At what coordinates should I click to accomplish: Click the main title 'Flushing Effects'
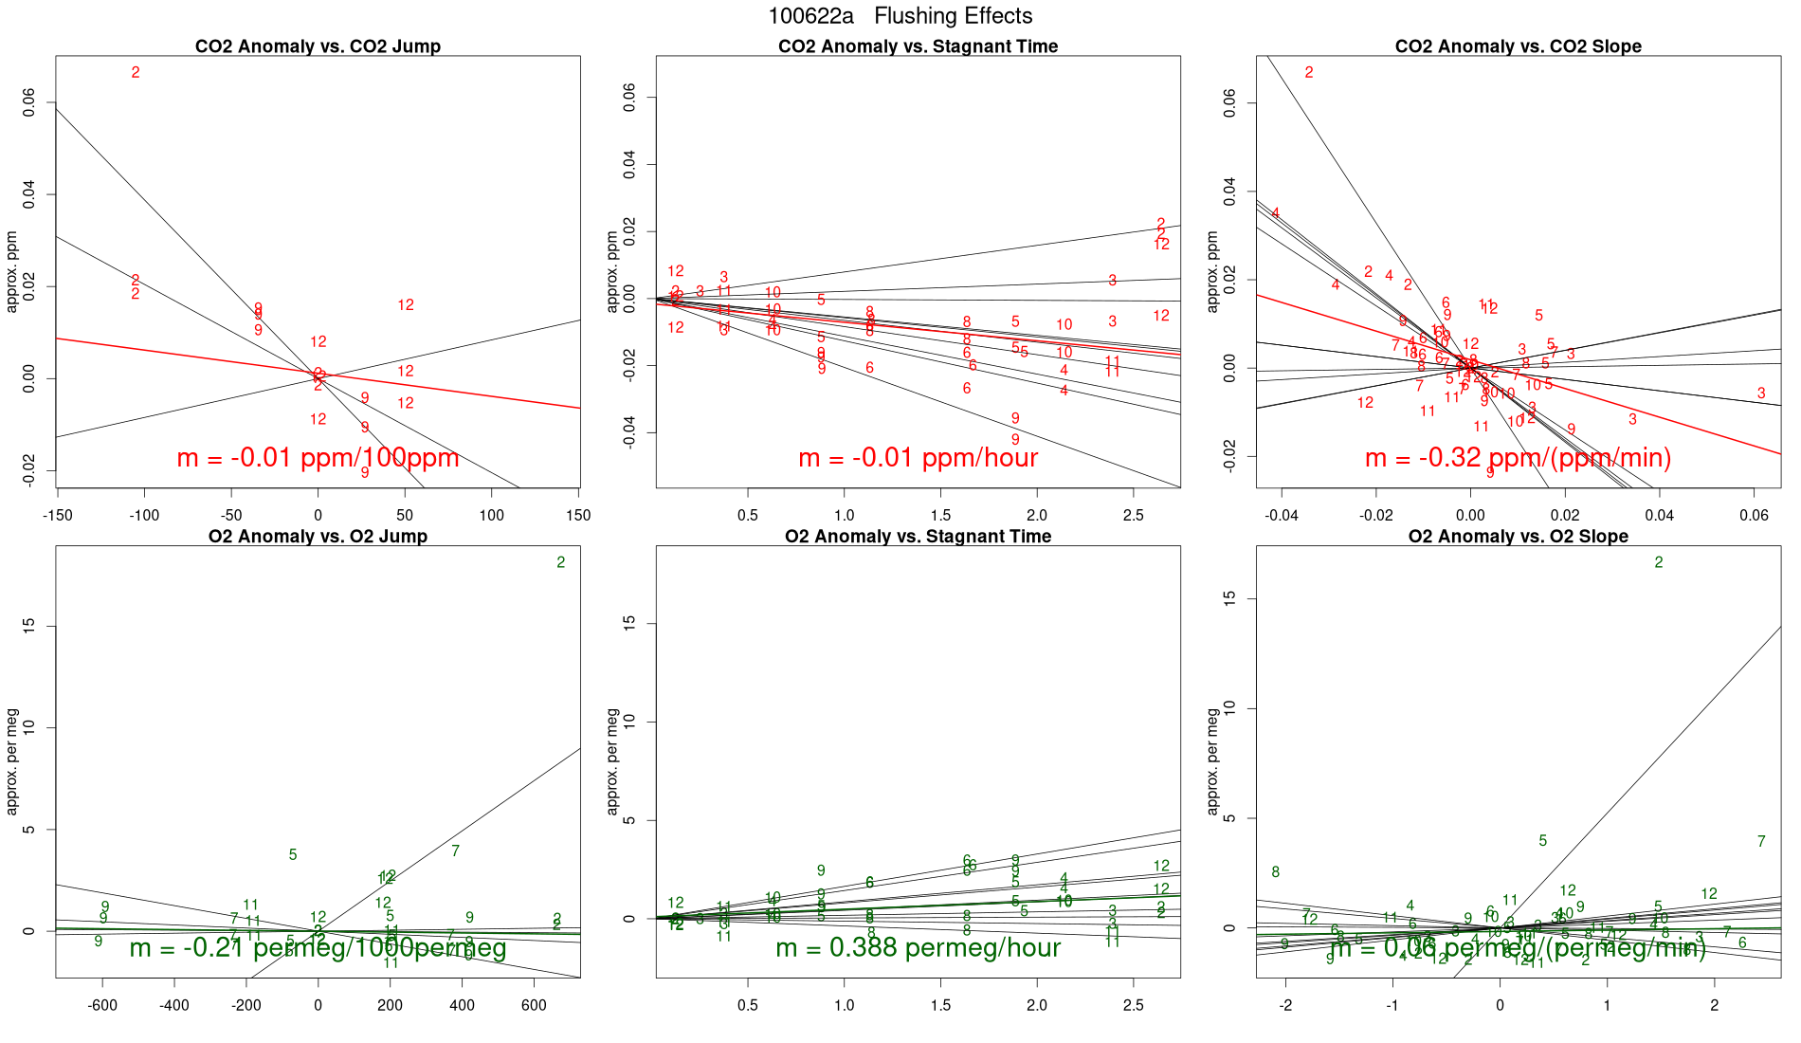953,16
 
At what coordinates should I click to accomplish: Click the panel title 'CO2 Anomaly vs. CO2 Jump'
318,46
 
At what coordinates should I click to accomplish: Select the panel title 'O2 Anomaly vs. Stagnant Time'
918,537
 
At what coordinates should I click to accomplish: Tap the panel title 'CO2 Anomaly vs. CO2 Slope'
1518,46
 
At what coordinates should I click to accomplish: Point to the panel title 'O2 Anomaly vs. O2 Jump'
318,537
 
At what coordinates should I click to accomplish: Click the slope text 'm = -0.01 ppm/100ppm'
318,458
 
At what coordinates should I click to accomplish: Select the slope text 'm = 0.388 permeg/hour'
918,947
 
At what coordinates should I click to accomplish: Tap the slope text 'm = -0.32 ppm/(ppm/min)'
1518,458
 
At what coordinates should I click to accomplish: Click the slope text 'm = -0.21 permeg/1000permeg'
318,947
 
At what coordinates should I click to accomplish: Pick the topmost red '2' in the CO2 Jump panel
136,72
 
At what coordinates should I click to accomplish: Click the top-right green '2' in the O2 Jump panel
561,562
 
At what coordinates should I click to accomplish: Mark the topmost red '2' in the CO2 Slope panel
1309,72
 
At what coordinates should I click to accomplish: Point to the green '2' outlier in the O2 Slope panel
1659,562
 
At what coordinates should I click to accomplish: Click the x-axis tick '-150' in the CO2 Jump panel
57,516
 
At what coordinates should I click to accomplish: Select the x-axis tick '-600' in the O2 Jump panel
102,1006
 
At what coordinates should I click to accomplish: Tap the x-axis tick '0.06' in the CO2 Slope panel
1754,516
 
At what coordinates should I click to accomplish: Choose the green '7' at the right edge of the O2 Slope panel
1761,841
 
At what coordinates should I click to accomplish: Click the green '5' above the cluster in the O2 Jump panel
293,854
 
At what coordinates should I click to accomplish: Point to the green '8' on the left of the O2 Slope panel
1276,872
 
